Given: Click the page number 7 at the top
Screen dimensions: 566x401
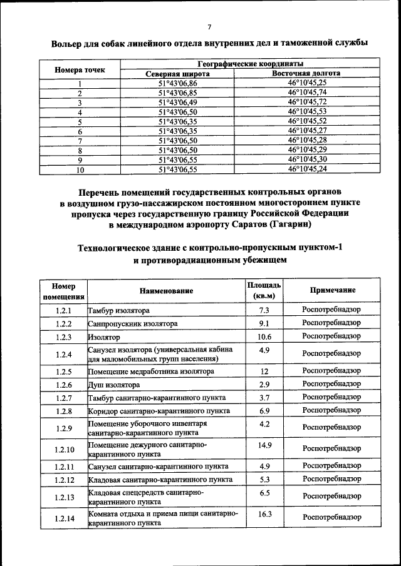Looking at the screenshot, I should (209, 26).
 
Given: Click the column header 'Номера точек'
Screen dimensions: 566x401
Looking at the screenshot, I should (80, 69).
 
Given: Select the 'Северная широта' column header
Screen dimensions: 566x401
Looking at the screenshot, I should (178, 74).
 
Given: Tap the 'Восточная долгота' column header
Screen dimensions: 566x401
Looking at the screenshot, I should (307, 74).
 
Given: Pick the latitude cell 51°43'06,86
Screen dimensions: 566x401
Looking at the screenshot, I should (178, 83).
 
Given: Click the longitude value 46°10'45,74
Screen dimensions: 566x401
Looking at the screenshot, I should (307, 93).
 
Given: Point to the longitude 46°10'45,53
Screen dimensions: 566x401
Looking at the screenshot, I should (307, 111).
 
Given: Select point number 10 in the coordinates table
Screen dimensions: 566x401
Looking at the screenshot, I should (80, 169).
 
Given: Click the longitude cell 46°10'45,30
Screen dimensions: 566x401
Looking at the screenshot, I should (307, 159).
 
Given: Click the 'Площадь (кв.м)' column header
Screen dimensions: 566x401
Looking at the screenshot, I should (264, 290).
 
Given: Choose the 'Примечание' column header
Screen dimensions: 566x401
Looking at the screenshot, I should (332, 290).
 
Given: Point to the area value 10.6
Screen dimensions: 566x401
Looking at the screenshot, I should (264, 337).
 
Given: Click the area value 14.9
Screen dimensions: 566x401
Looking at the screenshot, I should (264, 445).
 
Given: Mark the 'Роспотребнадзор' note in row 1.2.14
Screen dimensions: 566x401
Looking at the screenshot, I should (332, 517).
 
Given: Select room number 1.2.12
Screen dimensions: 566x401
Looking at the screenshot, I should (64, 480).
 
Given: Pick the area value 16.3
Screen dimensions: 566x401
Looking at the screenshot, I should (264, 513).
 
